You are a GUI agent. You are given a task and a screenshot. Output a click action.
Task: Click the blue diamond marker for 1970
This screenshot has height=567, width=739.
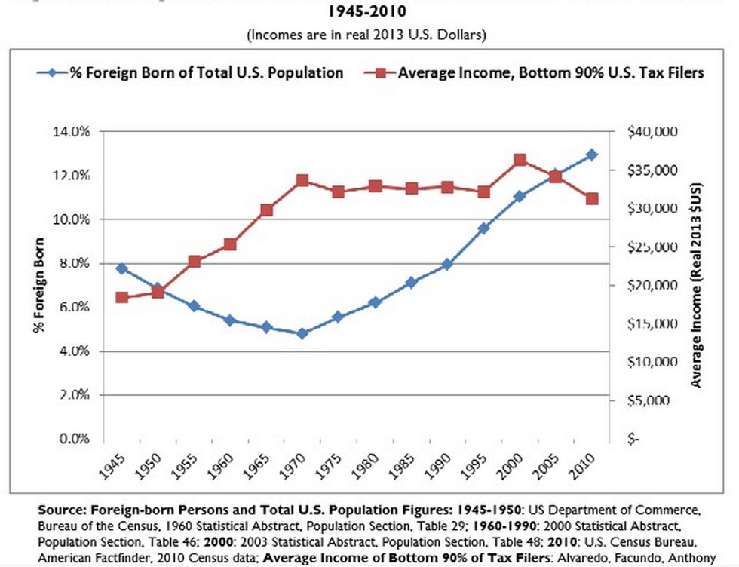pyautogui.click(x=302, y=333)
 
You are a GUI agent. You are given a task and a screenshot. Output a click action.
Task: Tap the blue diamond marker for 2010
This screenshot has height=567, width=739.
pyautogui.click(x=592, y=155)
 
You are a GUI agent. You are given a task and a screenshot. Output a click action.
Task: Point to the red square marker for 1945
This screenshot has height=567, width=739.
pyautogui.click(x=121, y=297)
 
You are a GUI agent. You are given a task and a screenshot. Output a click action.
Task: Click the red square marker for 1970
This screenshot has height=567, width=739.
pyautogui.click(x=302, y=180)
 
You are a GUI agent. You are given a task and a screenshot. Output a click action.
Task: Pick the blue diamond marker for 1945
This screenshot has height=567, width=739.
pyautogui.click(x=121, y=268)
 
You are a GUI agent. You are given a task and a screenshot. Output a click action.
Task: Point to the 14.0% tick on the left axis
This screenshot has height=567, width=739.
pyautogui.click(x=73, y=132)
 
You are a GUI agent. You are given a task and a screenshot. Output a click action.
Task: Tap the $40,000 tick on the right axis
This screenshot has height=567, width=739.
pyautogui.click(x=652, y=132)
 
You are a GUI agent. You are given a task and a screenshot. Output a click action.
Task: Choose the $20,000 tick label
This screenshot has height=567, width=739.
pyautogui.click(x=652, y=286)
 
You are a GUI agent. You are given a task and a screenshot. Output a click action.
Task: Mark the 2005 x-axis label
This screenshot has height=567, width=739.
pyautogui.click(x=546, y=470)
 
